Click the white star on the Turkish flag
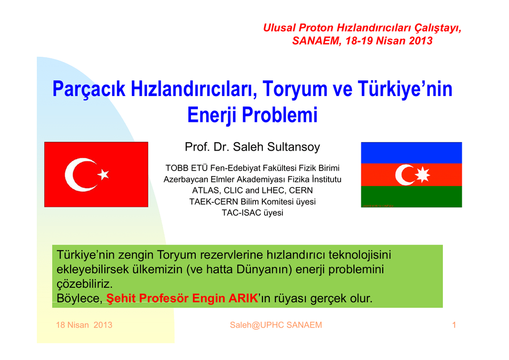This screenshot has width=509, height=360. pos(103,175)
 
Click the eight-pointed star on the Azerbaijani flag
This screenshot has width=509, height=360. pos(423,175)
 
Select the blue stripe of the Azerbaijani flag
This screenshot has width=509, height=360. pos(411,153)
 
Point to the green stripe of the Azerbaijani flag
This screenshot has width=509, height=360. pos(411,196)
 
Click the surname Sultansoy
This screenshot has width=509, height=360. pos(293,147)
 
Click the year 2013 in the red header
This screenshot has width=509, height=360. pos(421,41)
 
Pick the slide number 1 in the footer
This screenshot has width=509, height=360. pos(454,325)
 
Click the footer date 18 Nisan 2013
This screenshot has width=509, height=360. pos(84,325)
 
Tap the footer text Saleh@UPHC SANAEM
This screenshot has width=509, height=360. pos(276,325)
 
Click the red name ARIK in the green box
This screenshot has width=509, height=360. pos(243,298)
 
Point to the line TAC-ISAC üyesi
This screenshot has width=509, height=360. pos(253,213)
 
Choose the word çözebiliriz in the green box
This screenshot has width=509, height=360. pos(85,284)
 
